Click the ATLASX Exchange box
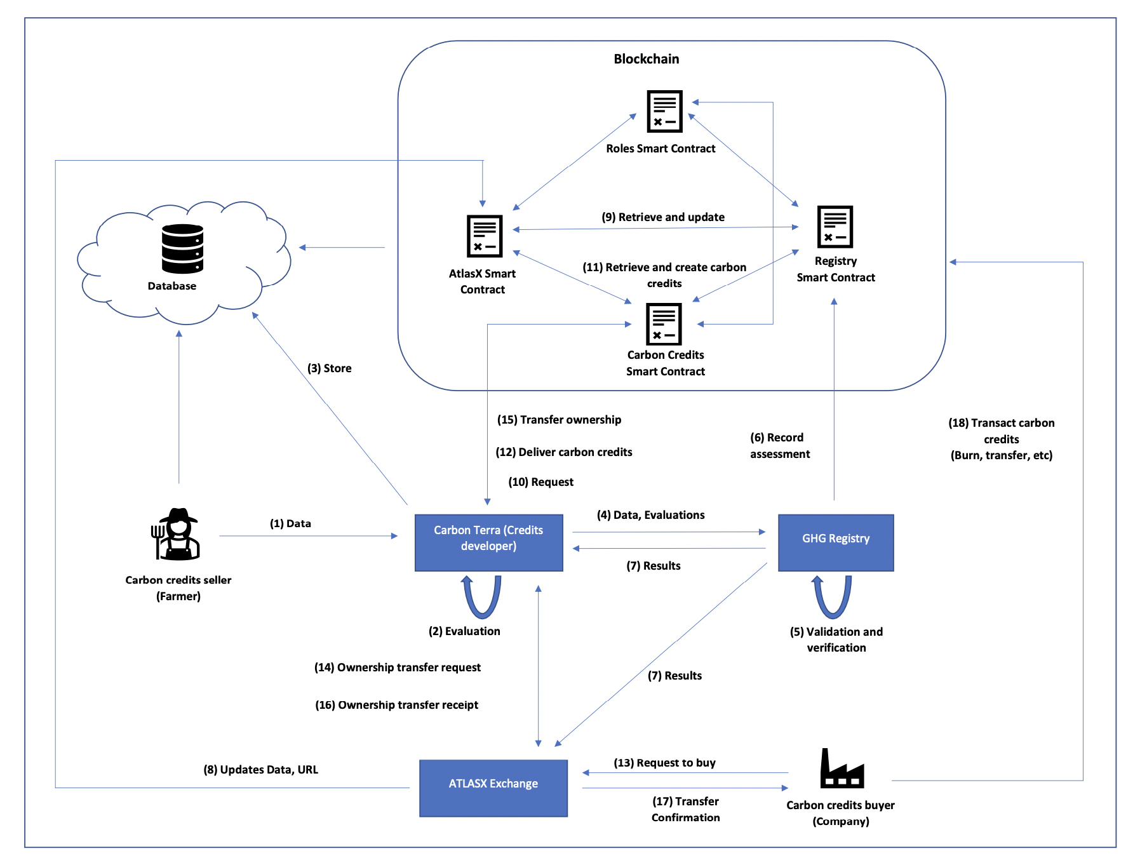click(x=493, y=788)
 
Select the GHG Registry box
click(x=835, y=542)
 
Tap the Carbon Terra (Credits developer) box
click(x=488, y=542)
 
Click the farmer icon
click(x=177, y=534)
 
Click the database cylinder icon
click(x=182, y=248)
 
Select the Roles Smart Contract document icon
click(x=664, y=111)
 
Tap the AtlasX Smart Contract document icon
click(x=485, y=236)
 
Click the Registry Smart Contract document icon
click(x=835, y=227)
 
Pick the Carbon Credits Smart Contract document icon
click(x=664, y=324)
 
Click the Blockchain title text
click(x=646, y=59)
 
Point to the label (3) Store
click(x=329, y=368)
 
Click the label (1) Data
click(x=290, y=523)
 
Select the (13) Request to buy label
click(x=664, y=763)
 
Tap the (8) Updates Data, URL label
click(x=260, y=770)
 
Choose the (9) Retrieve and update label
click(x=663, y=217)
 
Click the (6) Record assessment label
click(x=779, y=446)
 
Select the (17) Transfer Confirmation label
click(x=685, y=809)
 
